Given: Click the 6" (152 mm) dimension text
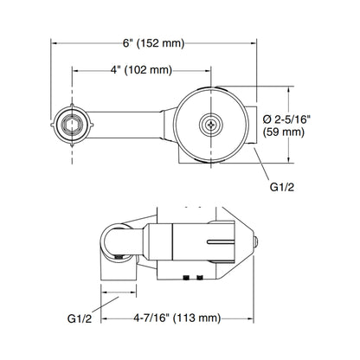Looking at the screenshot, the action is click(153, 43).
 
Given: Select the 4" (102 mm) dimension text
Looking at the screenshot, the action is click(141, 70).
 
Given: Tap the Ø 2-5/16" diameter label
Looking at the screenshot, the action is click(286, 119).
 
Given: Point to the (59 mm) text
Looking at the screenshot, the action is click(284, 132).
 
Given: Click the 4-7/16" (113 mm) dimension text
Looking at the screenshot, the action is click(177, 318).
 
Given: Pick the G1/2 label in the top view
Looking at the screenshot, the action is click(282, 187).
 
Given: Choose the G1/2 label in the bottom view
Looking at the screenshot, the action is click(80, 318).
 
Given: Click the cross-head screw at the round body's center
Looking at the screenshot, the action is click(211, 125).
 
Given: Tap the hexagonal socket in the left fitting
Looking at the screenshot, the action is click(72, 125).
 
